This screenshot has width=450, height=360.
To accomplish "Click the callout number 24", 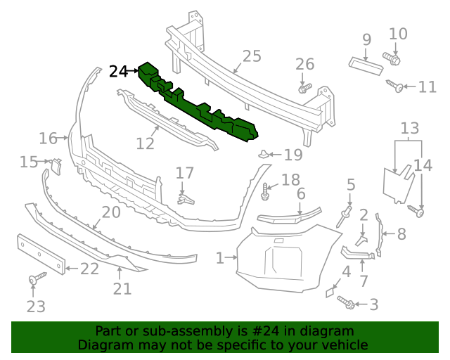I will tap(119, 71).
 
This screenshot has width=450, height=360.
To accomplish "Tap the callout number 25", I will tap(251, 56).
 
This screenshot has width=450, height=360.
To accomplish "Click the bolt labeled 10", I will tap(391, 58).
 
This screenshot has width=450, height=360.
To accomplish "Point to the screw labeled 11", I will tap(394, 86).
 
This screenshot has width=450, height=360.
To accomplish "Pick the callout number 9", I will tap(366, 39).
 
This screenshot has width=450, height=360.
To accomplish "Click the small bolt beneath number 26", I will tap(304, 89).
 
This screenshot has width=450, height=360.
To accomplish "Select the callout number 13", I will tap(409, 129).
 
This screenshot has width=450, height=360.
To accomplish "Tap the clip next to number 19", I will tap(262, 153).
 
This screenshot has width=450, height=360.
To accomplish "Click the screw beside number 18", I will tap(266, 189).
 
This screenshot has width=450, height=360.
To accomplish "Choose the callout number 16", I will tap(48, 138).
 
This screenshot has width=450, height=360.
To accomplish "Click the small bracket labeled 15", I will tap(56, 165).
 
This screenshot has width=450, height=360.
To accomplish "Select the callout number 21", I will tap(122, 288).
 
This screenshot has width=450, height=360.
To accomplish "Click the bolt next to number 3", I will tap(346, 302).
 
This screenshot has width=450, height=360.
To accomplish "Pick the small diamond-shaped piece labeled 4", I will tap(330, 290).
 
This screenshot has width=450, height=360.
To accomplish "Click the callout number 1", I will tap(219, 258).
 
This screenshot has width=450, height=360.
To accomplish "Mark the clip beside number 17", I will tap(184, 199).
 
